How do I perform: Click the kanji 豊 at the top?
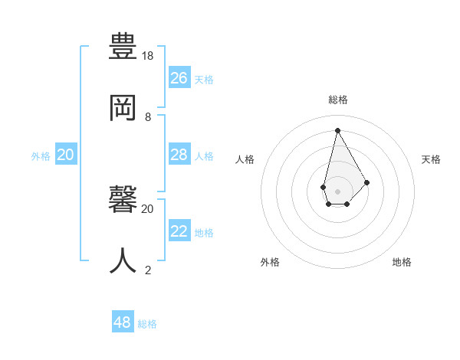pos(123,48)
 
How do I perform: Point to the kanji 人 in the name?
pos(123,260)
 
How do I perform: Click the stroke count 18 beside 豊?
pos(148,56)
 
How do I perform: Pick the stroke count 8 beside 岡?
pos(148,117)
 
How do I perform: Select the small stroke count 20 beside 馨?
pos(148,208)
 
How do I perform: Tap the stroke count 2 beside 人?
pos(148,270)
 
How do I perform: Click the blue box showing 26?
pos(179,77)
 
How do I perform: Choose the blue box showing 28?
pos(179,155)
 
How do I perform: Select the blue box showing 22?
pos(179,231)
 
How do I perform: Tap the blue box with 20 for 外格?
pos(66,155)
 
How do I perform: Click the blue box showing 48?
pos(123,322)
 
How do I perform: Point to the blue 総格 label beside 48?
pos(147,324)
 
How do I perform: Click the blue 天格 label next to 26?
pos(204,79)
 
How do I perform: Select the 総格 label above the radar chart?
pos(337,100)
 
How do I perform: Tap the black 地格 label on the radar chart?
pos(402,262)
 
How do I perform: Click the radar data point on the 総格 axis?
pos(337,129)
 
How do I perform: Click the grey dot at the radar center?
pos(337,191)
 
